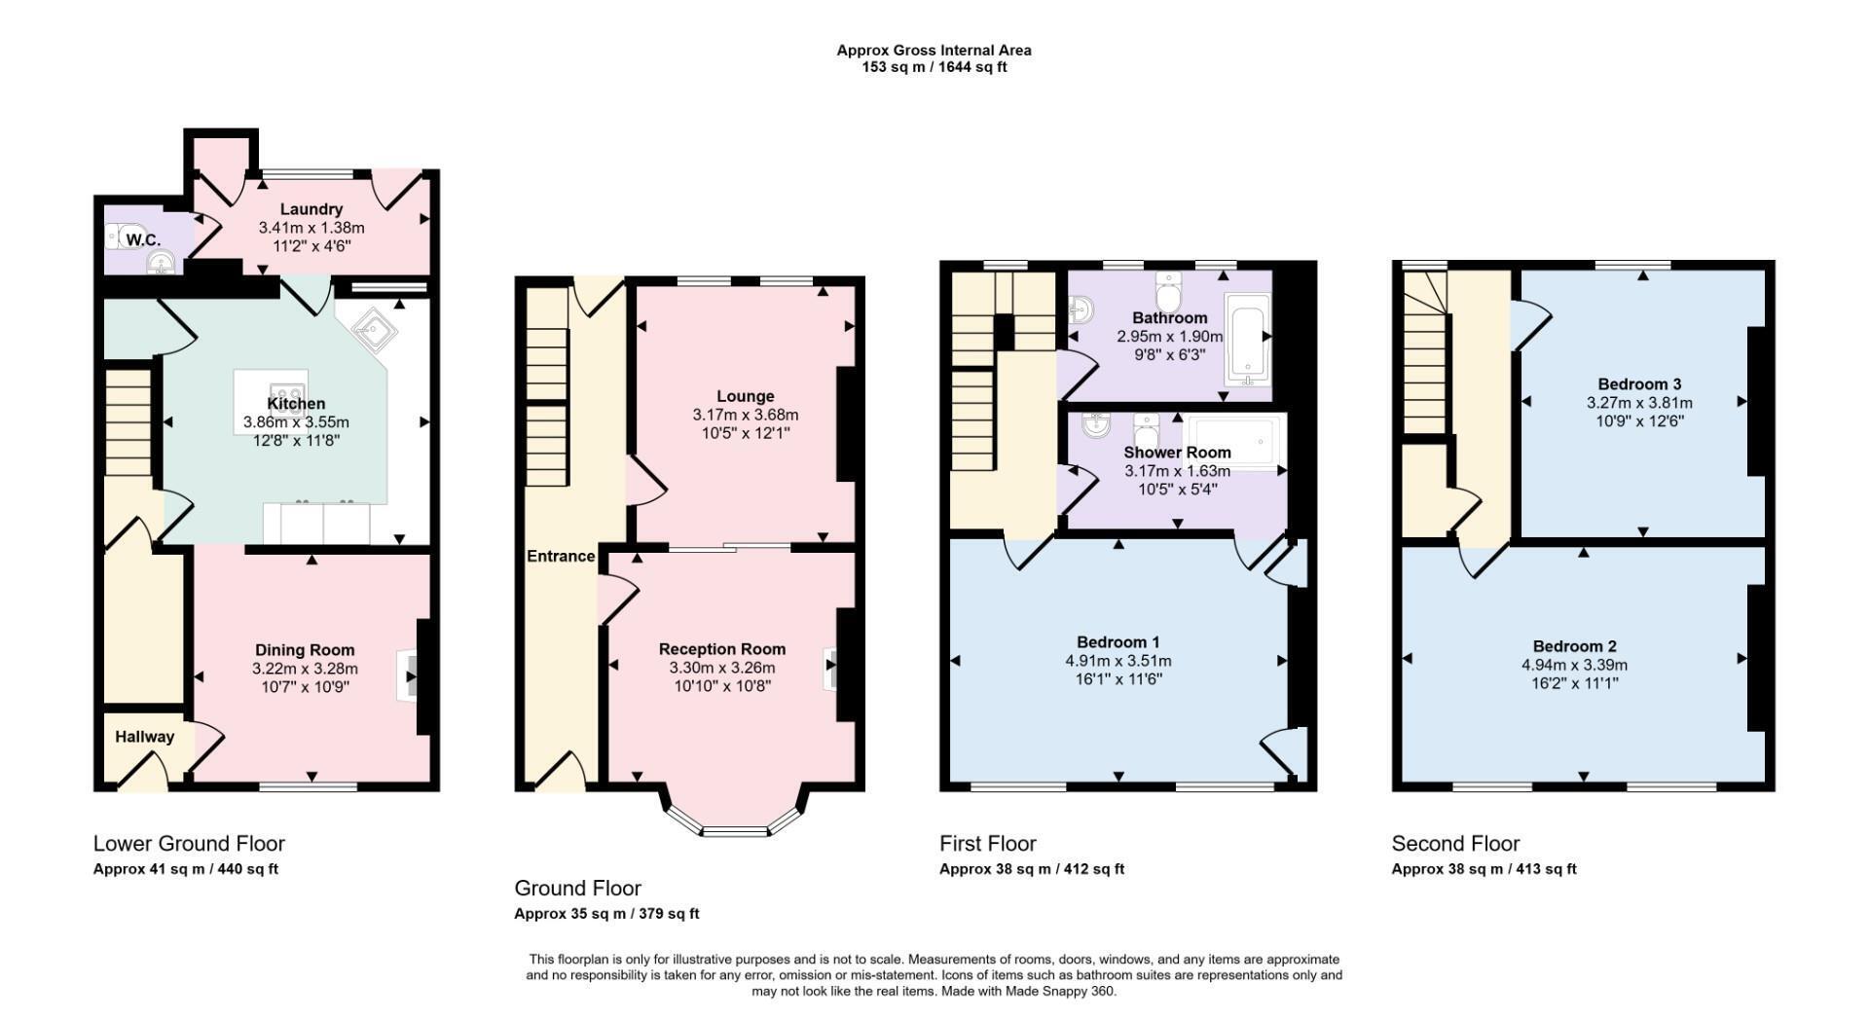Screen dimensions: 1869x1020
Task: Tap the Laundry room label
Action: click(x=311, y=209)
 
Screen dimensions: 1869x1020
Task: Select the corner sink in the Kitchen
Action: click(x=374, y=331)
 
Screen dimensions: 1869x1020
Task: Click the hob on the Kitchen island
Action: click(x=272, y=385)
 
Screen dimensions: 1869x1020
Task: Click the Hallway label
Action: click(x=145, y=737)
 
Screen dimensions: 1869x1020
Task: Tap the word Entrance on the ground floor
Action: click(x=561, y=556)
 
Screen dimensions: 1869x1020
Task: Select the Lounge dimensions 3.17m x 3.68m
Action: click(x=746, y=415)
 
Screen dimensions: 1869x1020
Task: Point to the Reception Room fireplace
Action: click(x=829, y=669)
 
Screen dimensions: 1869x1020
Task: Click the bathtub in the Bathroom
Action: click(x=1245, y=336)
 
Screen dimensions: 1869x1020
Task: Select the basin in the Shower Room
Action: click(x=1097, y=424)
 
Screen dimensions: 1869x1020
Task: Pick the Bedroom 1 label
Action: click(x=1118, y=642)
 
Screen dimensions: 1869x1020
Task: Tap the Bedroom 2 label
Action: click(x=1574, y=646)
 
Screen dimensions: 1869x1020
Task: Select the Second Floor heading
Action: click(x=1455, y=844)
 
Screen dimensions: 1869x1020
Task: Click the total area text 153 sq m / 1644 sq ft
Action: click(x=934, y=68)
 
